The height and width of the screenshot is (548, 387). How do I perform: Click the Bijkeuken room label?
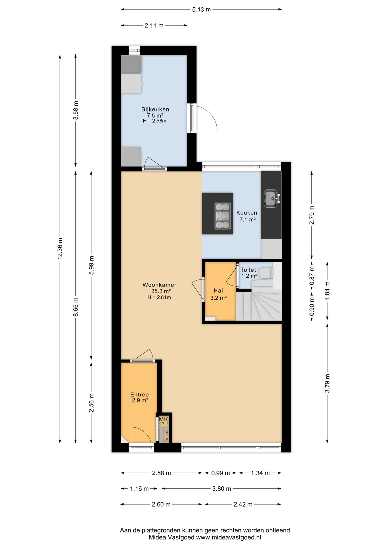tap(155, 109)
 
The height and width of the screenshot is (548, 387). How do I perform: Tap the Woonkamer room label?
tap(159, 285)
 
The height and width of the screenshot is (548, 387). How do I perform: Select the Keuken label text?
tap(247, 213)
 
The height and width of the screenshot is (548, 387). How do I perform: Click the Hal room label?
tap(218, 291)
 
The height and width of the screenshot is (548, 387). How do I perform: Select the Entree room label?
tap(139, 395)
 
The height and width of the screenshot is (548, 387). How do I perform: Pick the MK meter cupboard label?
tap(163, 419)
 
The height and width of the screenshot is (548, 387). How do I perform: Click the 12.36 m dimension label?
tap(60, 249)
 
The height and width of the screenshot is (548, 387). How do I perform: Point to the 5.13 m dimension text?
tap(201, 9)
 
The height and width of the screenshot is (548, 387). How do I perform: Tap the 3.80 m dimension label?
tap(221, 489)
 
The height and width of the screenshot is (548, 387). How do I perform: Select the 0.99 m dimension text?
tap(220, 473)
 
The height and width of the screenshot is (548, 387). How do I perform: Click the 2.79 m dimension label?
tap(311, 215)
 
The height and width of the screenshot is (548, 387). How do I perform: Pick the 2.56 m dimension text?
tap(91, 403)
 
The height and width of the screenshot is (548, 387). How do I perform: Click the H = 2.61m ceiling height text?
tap(159, 297)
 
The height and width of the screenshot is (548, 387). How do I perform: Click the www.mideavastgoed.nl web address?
tap(229, 537)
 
